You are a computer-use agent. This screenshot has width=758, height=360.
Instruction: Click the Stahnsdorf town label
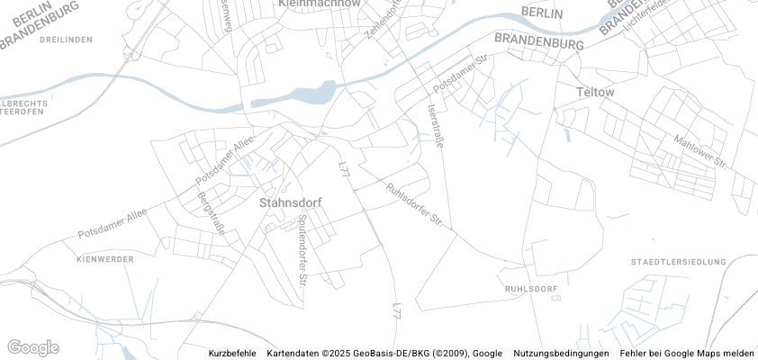click(x=290, y=202)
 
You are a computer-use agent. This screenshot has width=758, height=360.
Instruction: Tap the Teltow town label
click(x=594, y=92)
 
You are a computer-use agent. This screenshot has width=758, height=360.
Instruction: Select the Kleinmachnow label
click(x=320, y=4)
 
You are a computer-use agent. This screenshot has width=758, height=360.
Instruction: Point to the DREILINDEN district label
click(x=67, y=40)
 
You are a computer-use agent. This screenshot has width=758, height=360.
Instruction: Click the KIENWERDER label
click(x=105, y=259)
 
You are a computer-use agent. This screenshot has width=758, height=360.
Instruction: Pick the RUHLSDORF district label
click(x=532, y=289)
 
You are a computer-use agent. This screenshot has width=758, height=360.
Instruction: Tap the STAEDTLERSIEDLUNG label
click(x=679, y=262)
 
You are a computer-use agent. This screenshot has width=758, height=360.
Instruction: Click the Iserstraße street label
click(x=435, y=130)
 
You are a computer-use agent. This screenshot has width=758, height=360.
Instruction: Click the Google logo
click(x=32, y=348)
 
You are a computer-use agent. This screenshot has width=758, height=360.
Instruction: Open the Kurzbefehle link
click(x=231, y=354)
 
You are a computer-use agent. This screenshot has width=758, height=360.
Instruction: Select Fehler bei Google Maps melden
click(x=687, y=354)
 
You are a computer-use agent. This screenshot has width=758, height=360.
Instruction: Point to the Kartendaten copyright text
click(x=384, y=354)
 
